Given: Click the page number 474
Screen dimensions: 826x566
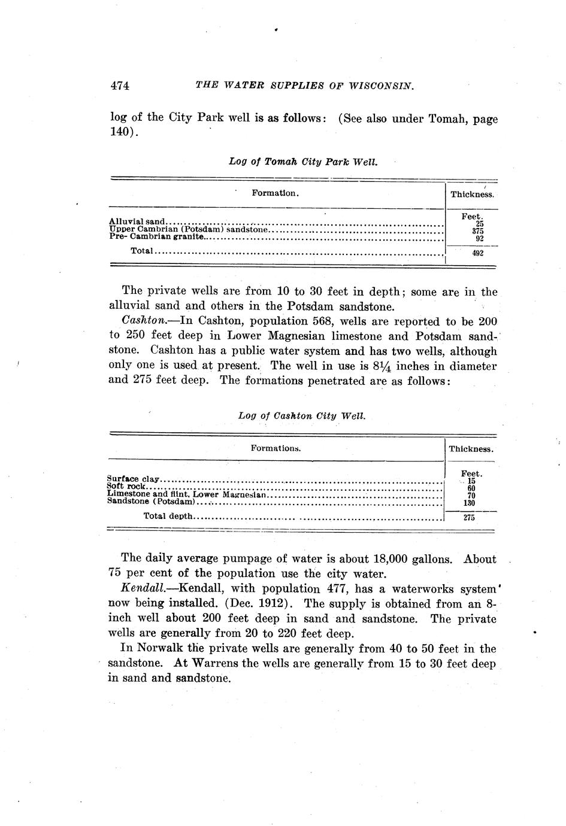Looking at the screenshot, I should point(120,86).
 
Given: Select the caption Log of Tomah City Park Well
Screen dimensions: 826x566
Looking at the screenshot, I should point(303,162).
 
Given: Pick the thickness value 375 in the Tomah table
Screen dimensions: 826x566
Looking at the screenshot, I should point(477,231).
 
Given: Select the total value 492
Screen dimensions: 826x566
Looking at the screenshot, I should point(477,253).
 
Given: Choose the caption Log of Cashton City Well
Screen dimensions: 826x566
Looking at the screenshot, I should point(301,416).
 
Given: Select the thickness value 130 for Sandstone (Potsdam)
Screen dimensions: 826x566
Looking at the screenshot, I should point(470,503).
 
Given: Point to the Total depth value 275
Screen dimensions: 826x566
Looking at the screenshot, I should point(470,518).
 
